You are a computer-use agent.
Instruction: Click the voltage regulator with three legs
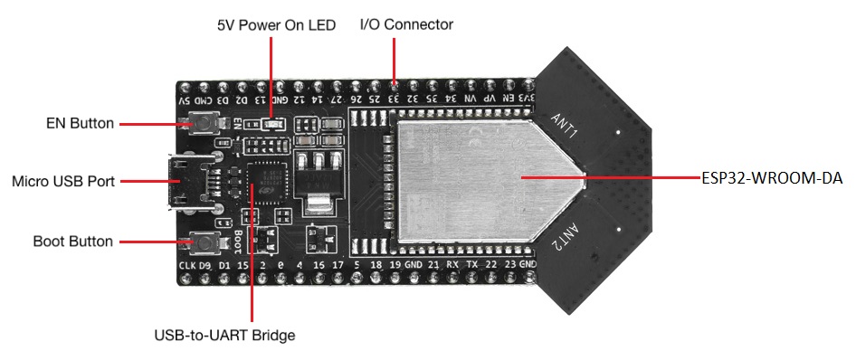point(315,176)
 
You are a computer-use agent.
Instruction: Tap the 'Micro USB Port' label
point(63,182)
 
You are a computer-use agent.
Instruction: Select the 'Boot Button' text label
point(72,242)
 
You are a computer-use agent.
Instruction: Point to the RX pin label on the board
point(452,265)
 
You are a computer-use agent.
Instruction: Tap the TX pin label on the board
point(471,265)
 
